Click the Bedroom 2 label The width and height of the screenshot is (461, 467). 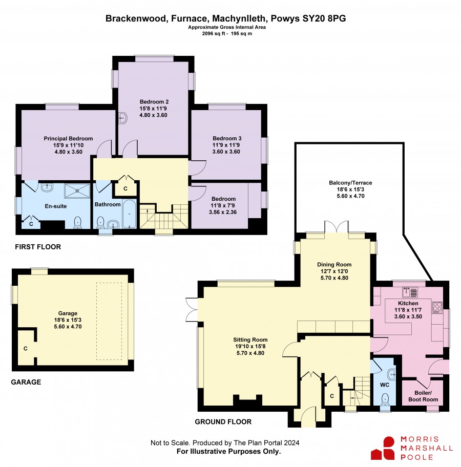154,101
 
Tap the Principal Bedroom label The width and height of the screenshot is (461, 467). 68,138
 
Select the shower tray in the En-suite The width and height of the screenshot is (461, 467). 77,190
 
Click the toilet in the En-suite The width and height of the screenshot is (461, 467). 77,222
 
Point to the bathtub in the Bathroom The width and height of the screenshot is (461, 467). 130,214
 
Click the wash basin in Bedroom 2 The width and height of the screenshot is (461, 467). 122,118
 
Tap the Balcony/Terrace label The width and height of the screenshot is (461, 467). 350,183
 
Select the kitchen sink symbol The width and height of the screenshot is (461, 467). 410,292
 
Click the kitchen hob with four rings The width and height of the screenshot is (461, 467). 437,307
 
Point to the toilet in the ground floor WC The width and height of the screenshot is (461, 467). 385,399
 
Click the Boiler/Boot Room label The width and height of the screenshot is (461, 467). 423,396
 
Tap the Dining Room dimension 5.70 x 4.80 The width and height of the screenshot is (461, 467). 334,278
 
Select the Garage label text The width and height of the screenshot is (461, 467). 68,313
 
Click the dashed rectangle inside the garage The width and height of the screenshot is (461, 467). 109,321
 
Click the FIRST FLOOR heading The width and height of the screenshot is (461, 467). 38,247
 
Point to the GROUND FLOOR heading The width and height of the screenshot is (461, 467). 223,422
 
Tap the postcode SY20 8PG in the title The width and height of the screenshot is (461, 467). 324,18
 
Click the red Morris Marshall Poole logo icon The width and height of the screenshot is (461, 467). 384,448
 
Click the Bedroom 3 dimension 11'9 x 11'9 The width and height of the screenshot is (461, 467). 226,145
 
